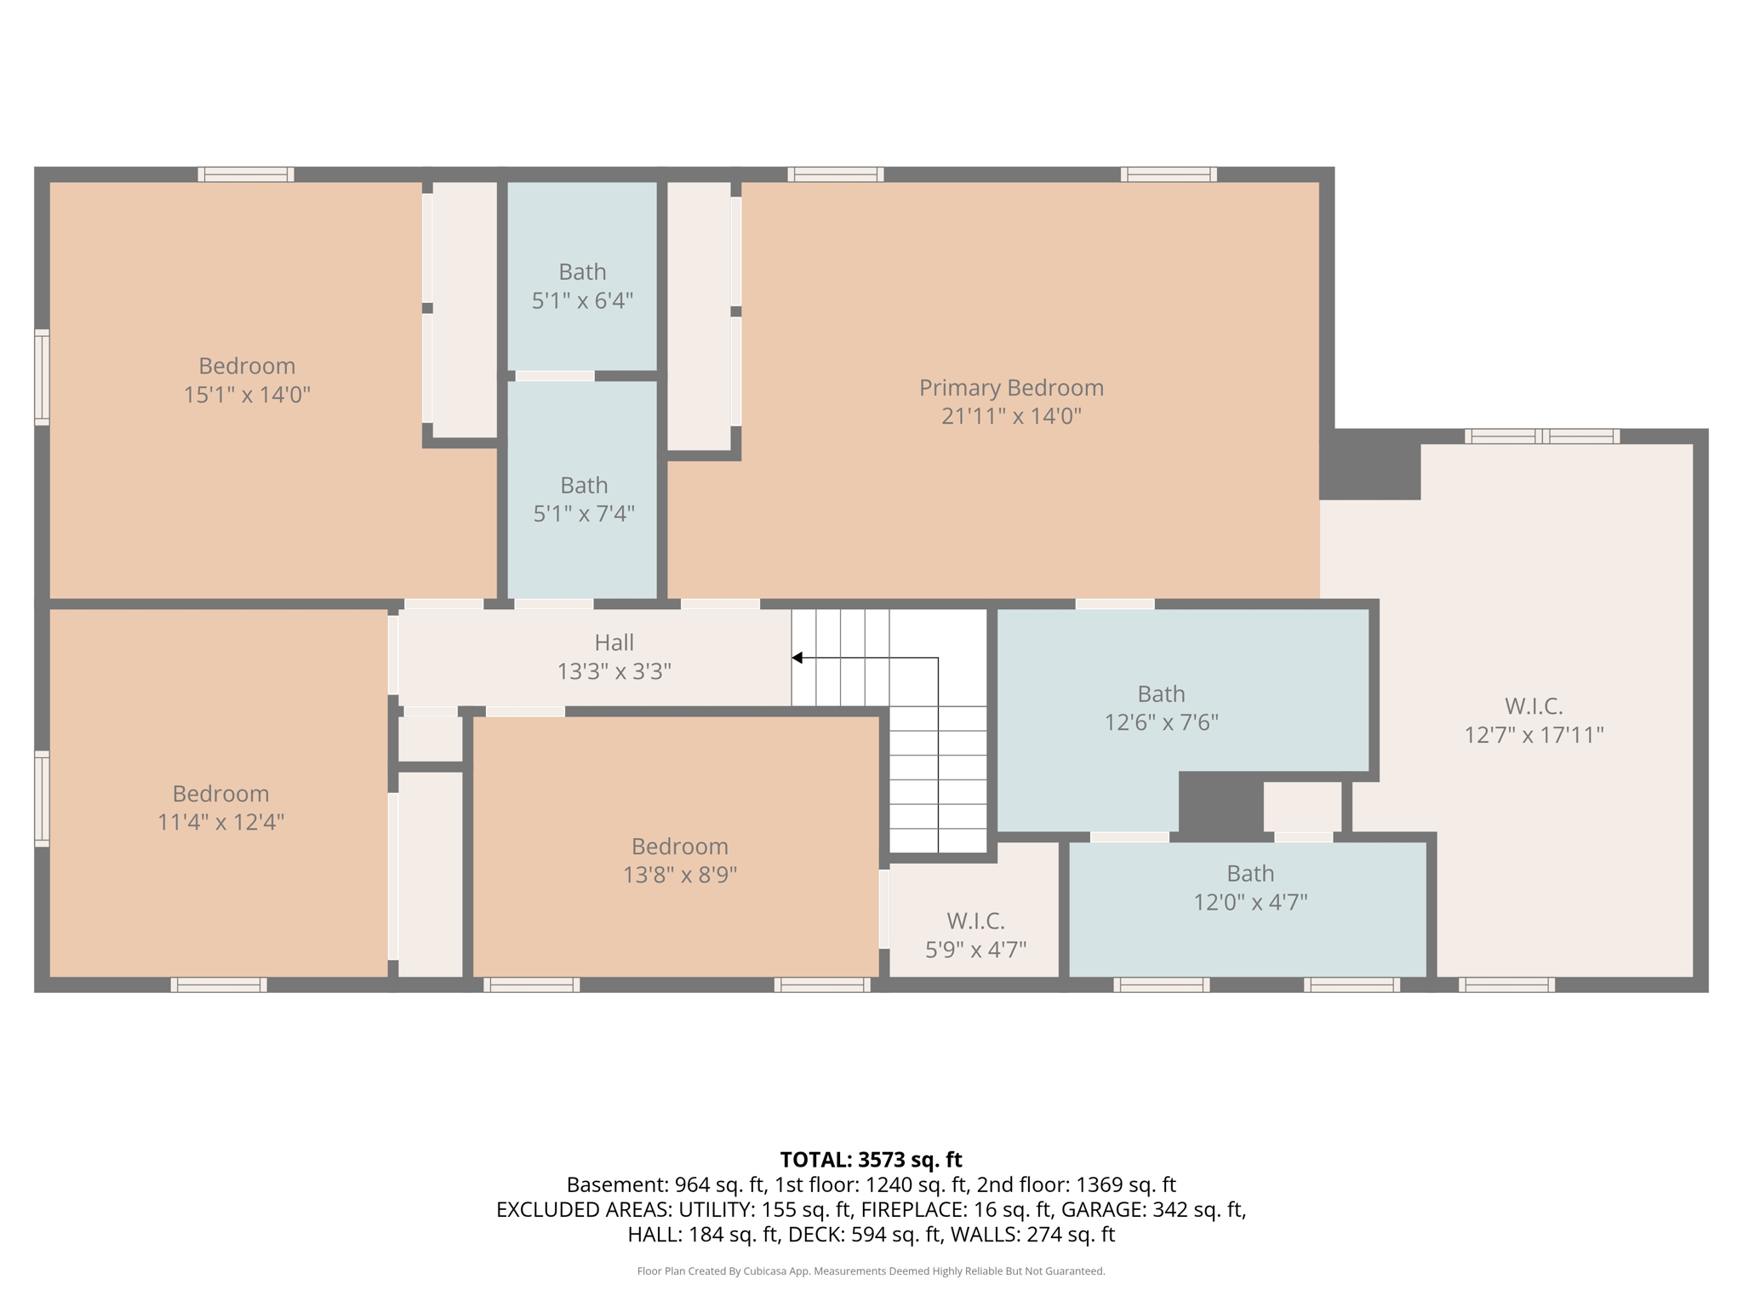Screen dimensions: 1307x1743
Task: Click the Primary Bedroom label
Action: click(1011, 388)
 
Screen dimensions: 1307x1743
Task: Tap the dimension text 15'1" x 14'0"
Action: click(247, 395)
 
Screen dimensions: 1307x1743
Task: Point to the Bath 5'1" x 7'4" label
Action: click(584, 486)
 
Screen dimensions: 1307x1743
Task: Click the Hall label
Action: click(614, 643)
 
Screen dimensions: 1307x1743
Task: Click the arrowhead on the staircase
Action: click(797, 658)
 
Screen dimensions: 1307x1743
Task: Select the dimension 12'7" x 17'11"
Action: click(1534, 735)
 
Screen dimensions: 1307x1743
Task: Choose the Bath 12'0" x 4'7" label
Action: click(1250, 874)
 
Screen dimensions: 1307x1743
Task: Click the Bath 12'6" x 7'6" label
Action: click(1161, 694)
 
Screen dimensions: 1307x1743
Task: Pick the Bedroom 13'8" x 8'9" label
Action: click(679, 847)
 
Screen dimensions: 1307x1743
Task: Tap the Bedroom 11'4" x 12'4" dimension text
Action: click(220, 823)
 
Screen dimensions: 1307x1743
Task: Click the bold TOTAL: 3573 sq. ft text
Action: click(871, 1160)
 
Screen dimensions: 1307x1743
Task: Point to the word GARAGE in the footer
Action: click(1104, 1209)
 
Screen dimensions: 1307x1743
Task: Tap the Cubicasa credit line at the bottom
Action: click(871, 1271)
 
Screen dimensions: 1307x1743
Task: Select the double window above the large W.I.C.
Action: click(1541, 437)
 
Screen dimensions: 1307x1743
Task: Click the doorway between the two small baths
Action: click(555, 376)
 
